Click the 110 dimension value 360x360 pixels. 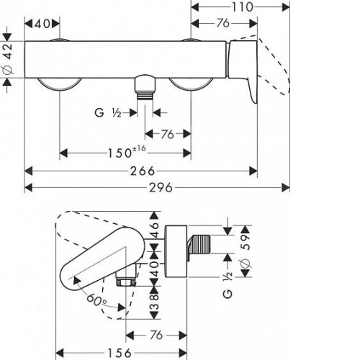point(242,7)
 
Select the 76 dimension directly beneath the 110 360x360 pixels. point(223,23)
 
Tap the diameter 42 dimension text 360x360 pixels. point(8,58)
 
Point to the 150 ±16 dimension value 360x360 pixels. point(127,152)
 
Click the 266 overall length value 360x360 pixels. point(143,171)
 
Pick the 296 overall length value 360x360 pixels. point(161,187)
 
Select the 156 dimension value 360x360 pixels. point(120,353)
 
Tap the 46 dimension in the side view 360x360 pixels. point(155,230)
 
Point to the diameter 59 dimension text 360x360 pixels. point(246,251)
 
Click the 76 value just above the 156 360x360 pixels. point(156,335)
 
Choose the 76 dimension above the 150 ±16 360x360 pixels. point(168,134)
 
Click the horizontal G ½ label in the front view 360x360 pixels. point(108,112)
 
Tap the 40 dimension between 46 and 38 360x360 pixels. point(155,269)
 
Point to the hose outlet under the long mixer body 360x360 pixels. point(145,87)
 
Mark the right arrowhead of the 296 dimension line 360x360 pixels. point(286,187)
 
